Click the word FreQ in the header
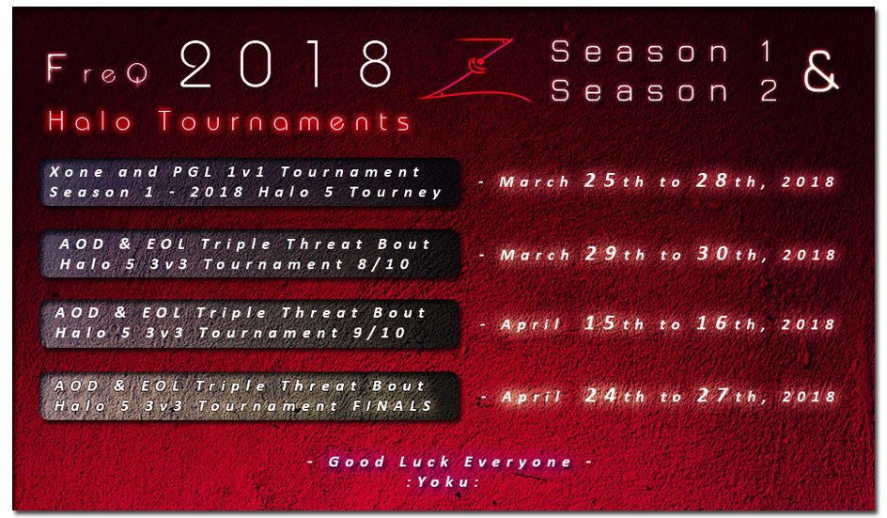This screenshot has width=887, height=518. (x=97, y=69)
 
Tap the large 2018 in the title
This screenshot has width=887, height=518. (x=286, y=64)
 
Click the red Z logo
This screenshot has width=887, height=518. (x=475, y=69)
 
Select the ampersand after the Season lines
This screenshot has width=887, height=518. (x=821, y=71)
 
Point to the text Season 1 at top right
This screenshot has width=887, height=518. (x=662, y=52)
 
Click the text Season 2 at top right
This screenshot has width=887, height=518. (x=664, y=90)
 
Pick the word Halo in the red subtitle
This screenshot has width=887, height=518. (x=90, y=121)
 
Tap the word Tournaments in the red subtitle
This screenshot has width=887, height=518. (x=285, y=121)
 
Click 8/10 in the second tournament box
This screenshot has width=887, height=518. (x=383, y=264)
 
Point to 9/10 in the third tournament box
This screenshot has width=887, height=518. (x=379, y=332)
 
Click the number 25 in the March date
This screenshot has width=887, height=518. (x=600, y=181)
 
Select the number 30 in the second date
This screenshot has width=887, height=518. (x=713, y=253)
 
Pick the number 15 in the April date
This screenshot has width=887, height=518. (x=600, y=323)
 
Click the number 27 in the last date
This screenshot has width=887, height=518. (x=713, y=395)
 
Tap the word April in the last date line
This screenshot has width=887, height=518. (x=531, y=397)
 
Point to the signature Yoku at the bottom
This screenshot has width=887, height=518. (x=443, y=481)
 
